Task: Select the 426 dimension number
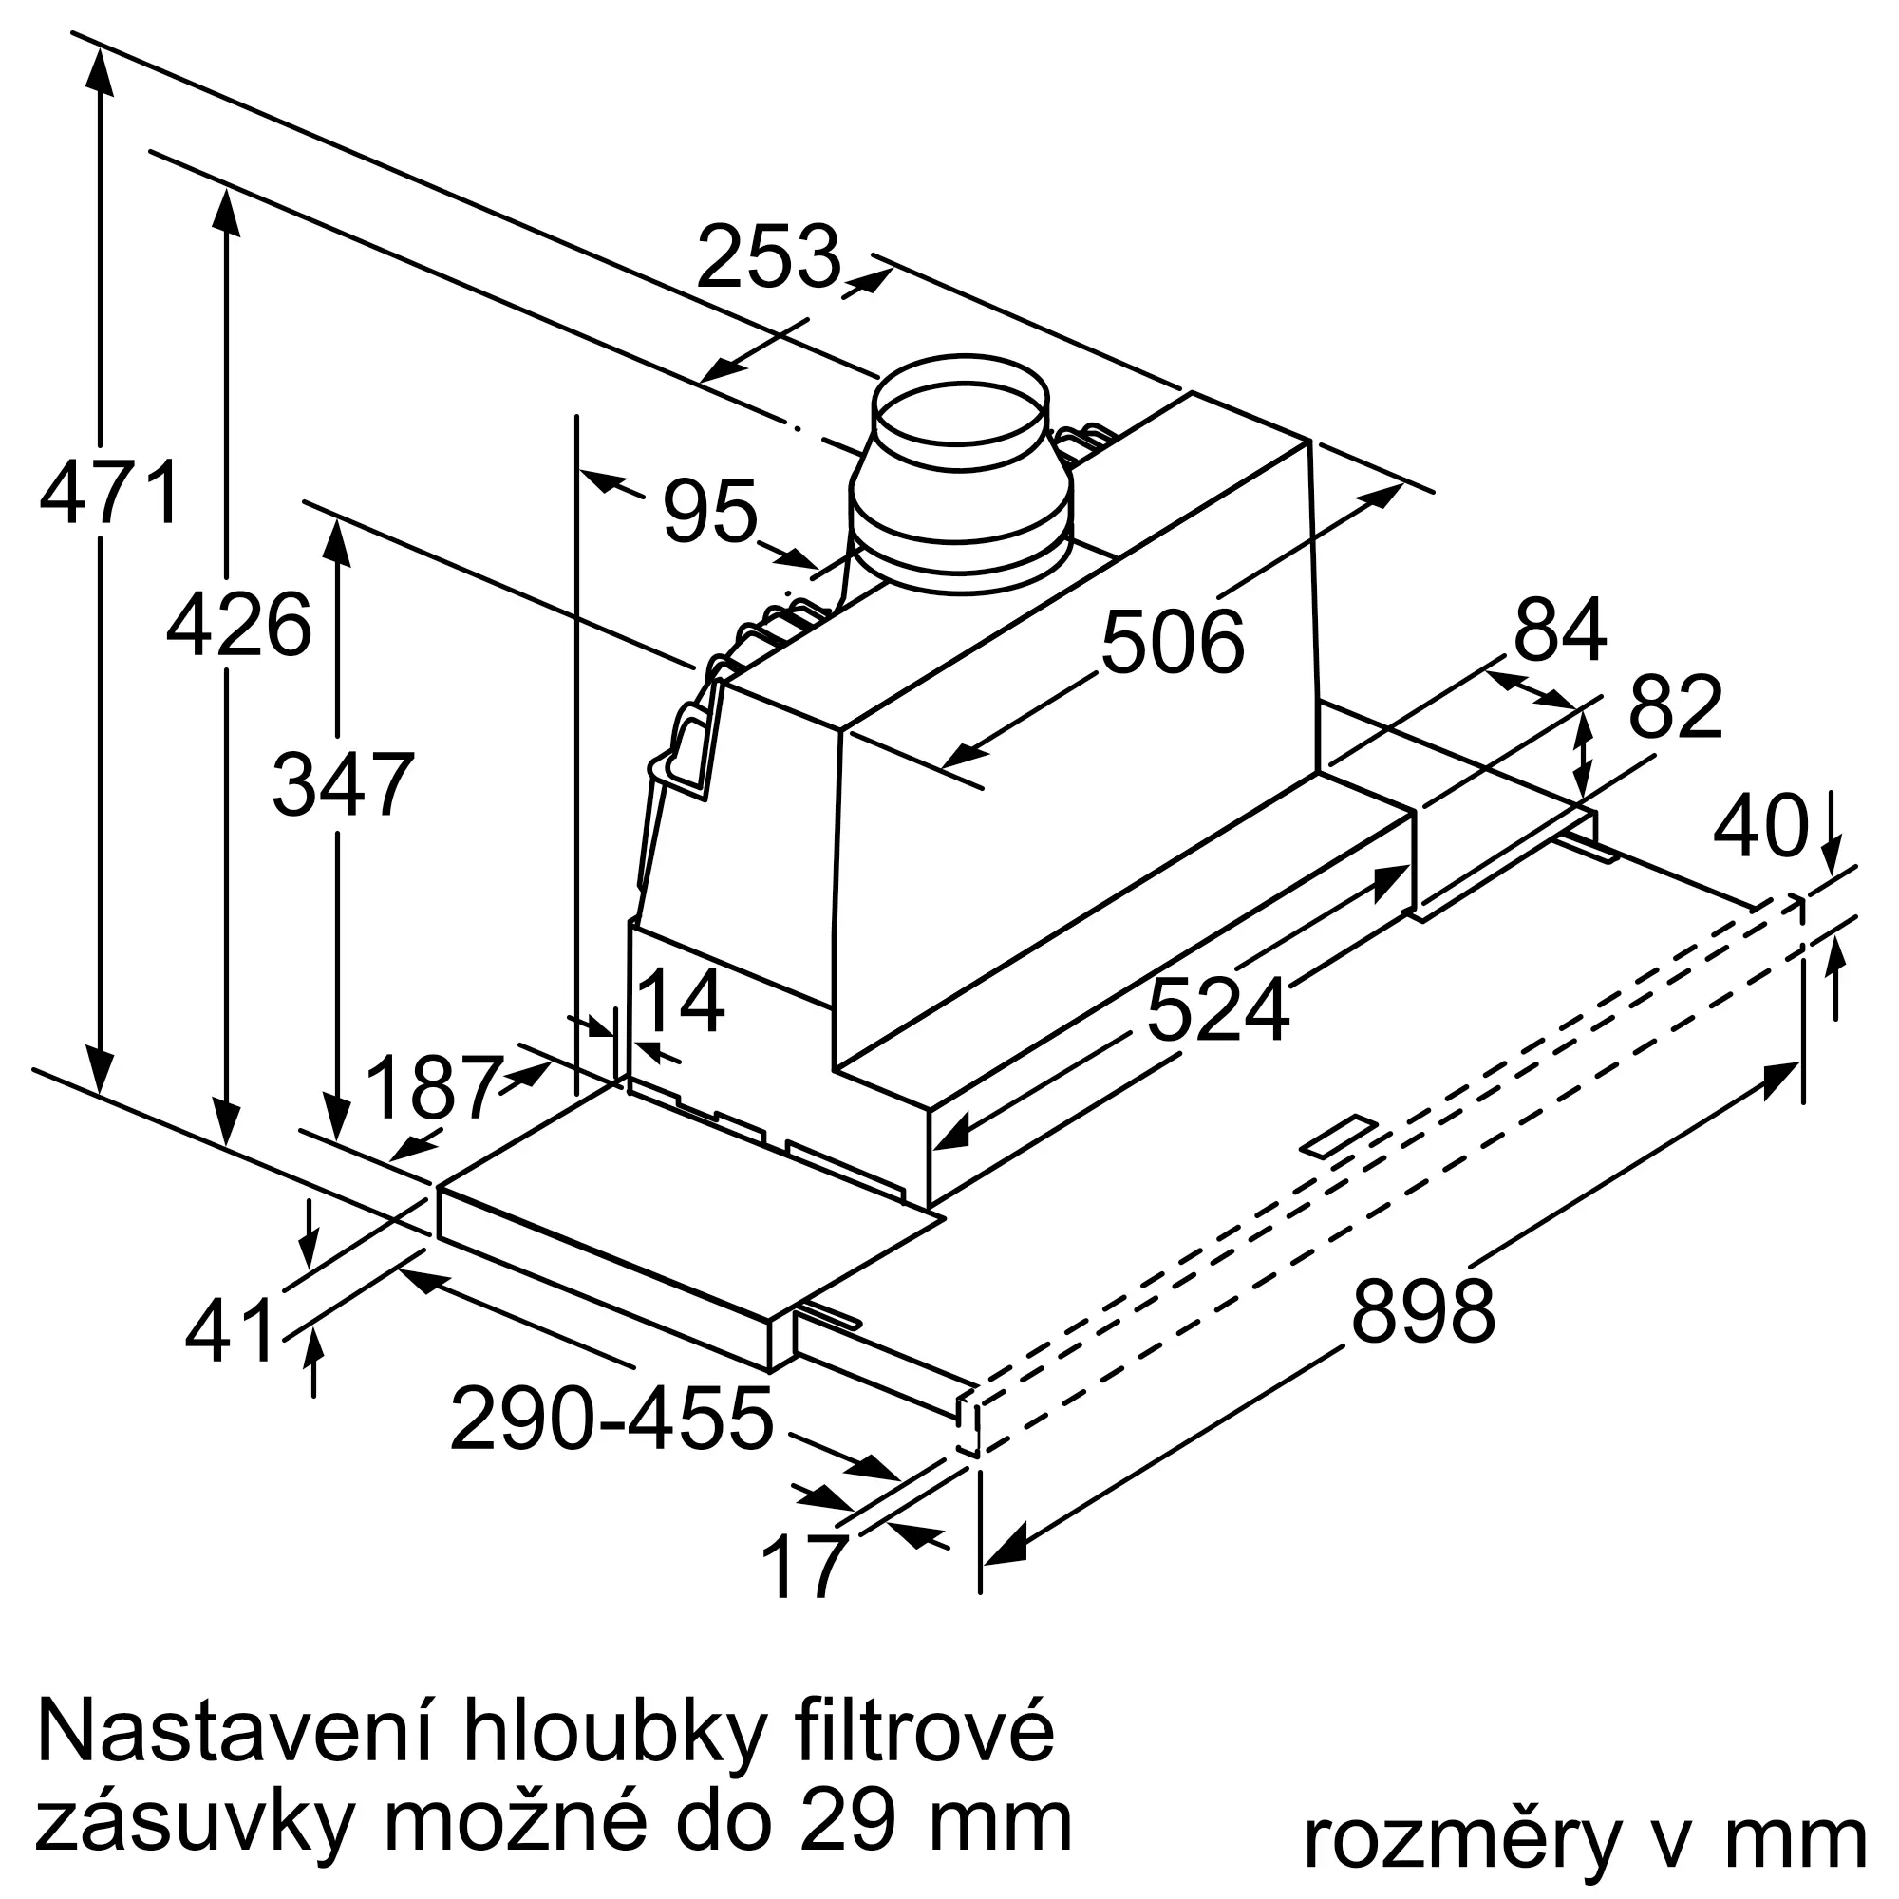click(239, 625)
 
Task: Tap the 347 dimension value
click(342, 784)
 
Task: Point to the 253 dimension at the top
click(769, 256)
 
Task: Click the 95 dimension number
click(709, 510)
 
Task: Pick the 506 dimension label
click(1172, 643)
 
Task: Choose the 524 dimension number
click(1217, 1011)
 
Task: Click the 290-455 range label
click(611, 1420)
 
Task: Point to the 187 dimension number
click(432, 1087)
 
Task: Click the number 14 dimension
click(681, 1002)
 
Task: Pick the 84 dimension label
click(1560, 630)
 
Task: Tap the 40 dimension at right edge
click(1760, 827)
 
